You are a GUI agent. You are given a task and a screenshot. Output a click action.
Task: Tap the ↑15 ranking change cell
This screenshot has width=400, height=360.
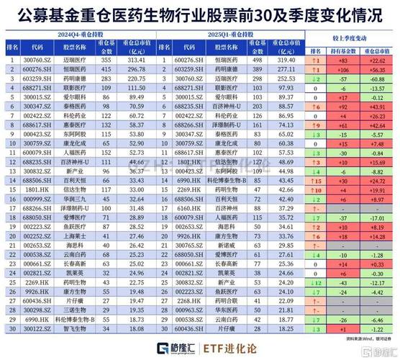click(x=317, y=181)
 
